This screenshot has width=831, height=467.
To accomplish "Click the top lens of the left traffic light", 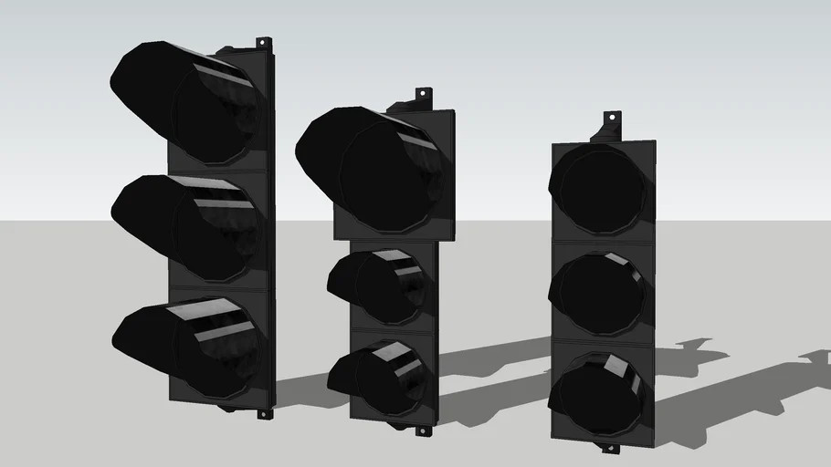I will point(215,113).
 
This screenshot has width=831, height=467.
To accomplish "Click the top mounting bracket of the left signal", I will point(263,44).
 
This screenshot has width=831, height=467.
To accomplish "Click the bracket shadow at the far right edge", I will point(815,357).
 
